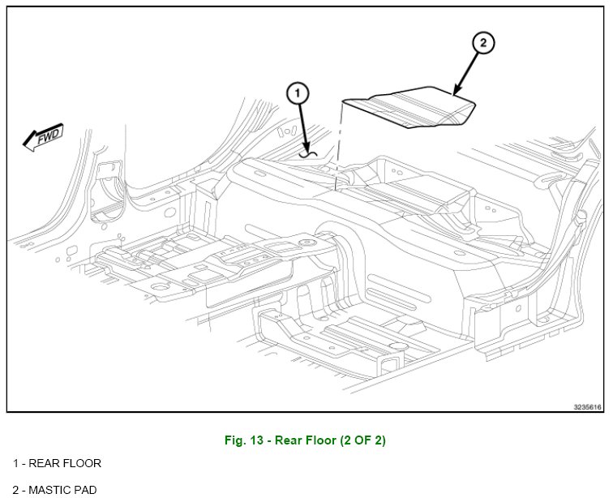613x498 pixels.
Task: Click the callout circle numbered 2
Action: coord(482,44)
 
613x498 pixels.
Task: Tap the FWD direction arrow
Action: coord(43,137)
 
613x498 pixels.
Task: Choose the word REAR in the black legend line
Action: coord(42,463)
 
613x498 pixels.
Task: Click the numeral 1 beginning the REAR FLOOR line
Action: coord(15,463)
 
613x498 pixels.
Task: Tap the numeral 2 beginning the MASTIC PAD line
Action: coord(15,489)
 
